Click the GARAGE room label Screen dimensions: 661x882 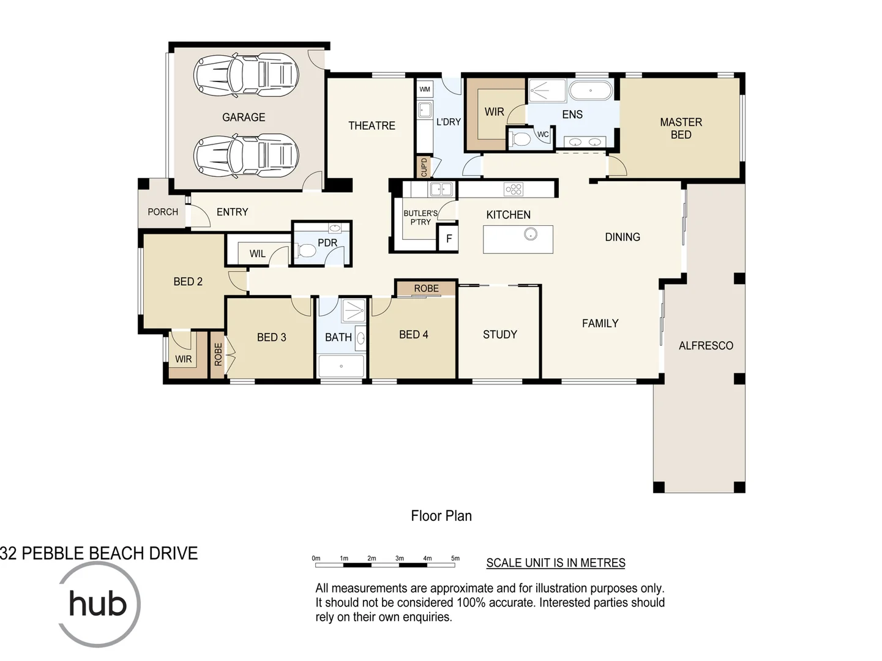pos(244,117)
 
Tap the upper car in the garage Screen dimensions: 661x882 pos(246,74)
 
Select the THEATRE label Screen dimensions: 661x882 pos(372,125)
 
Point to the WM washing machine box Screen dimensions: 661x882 pos(425,89)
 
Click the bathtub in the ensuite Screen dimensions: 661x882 pos(591,91)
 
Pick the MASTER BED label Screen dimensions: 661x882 pos(681,129)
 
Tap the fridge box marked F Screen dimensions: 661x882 pos(449,239)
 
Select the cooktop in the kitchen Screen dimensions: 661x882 pos(514,189)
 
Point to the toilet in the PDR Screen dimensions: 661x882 pos(305,250)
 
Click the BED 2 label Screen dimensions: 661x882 pos(188,282)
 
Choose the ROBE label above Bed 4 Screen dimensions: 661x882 pos(426,288)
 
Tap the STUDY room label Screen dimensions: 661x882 pos(499,334)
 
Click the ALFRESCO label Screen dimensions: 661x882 pos(706,346)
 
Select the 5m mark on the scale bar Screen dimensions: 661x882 pos(455,558)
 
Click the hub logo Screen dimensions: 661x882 pos(98,603)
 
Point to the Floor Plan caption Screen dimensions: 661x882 pos(441,516)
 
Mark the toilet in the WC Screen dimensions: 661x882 pos(520,140)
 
